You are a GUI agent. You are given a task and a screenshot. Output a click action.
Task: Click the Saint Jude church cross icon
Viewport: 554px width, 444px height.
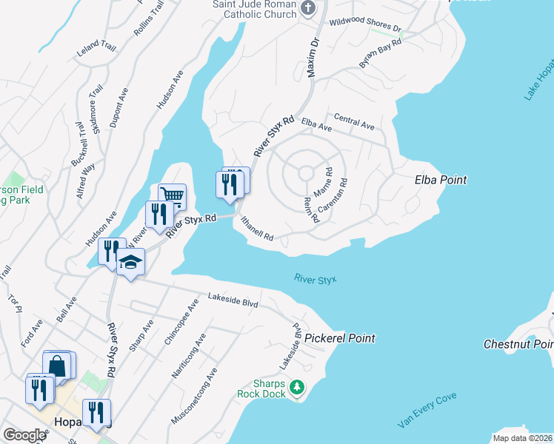310,8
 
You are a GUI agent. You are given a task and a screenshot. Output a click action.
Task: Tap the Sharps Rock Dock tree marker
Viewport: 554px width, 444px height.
296,387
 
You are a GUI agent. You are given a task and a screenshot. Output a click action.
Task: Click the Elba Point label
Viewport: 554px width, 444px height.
441,180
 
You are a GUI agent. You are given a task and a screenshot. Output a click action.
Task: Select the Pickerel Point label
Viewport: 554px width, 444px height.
340,338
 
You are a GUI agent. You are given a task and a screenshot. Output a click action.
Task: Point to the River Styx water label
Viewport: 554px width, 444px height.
315,280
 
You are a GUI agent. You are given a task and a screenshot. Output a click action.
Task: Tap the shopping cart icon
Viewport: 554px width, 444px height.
171,195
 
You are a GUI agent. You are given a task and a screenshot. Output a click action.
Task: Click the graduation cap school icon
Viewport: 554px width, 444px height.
130,262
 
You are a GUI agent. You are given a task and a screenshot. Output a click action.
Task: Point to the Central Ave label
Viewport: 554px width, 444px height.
354,122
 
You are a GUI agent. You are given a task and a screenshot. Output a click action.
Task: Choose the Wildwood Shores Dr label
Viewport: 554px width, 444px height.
365,26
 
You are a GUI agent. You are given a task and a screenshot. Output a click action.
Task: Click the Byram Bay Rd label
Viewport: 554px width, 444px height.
380,54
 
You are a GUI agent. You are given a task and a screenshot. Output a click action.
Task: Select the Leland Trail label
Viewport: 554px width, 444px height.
96,50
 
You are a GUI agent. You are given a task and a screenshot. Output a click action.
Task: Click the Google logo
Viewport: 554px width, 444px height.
24,435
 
